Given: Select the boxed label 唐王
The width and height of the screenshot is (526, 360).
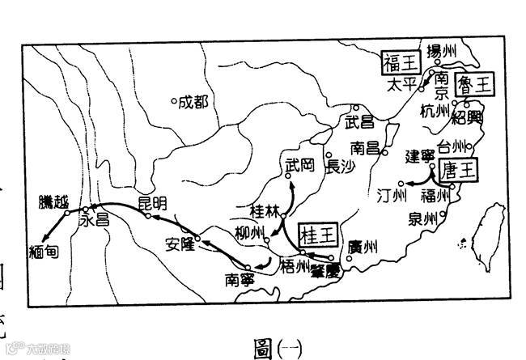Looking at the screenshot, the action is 460,170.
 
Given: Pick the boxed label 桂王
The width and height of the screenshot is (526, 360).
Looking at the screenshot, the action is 318,235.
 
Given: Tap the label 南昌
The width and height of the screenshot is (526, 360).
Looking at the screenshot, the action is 367,148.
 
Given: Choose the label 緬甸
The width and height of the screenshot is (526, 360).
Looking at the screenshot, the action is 43,251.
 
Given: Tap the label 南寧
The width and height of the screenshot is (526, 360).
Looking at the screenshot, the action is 240,280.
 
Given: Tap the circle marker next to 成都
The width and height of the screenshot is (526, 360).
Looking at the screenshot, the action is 174,102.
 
